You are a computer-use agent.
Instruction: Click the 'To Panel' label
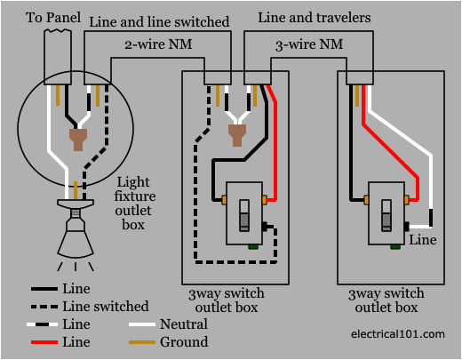coord(50,17)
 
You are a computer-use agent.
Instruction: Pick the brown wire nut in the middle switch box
coord(236,134)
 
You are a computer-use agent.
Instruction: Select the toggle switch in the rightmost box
coord(386,214)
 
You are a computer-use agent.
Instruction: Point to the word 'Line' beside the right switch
coord(422,239)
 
